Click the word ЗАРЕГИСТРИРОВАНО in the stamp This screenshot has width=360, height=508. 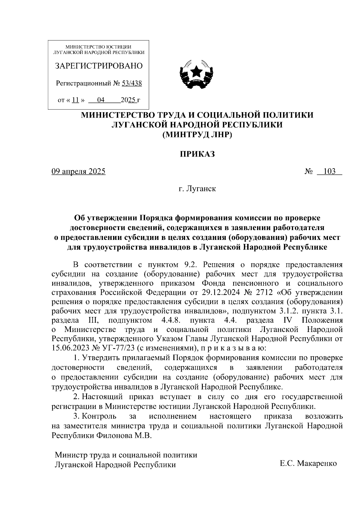99,66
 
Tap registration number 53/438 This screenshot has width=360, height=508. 132,83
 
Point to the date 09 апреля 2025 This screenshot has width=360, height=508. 78,172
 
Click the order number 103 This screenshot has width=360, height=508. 329,172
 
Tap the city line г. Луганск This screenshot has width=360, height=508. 197,189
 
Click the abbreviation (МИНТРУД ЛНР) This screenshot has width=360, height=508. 197,135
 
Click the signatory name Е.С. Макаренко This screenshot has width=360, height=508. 308,463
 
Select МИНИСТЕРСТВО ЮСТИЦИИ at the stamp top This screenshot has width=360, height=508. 98,47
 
